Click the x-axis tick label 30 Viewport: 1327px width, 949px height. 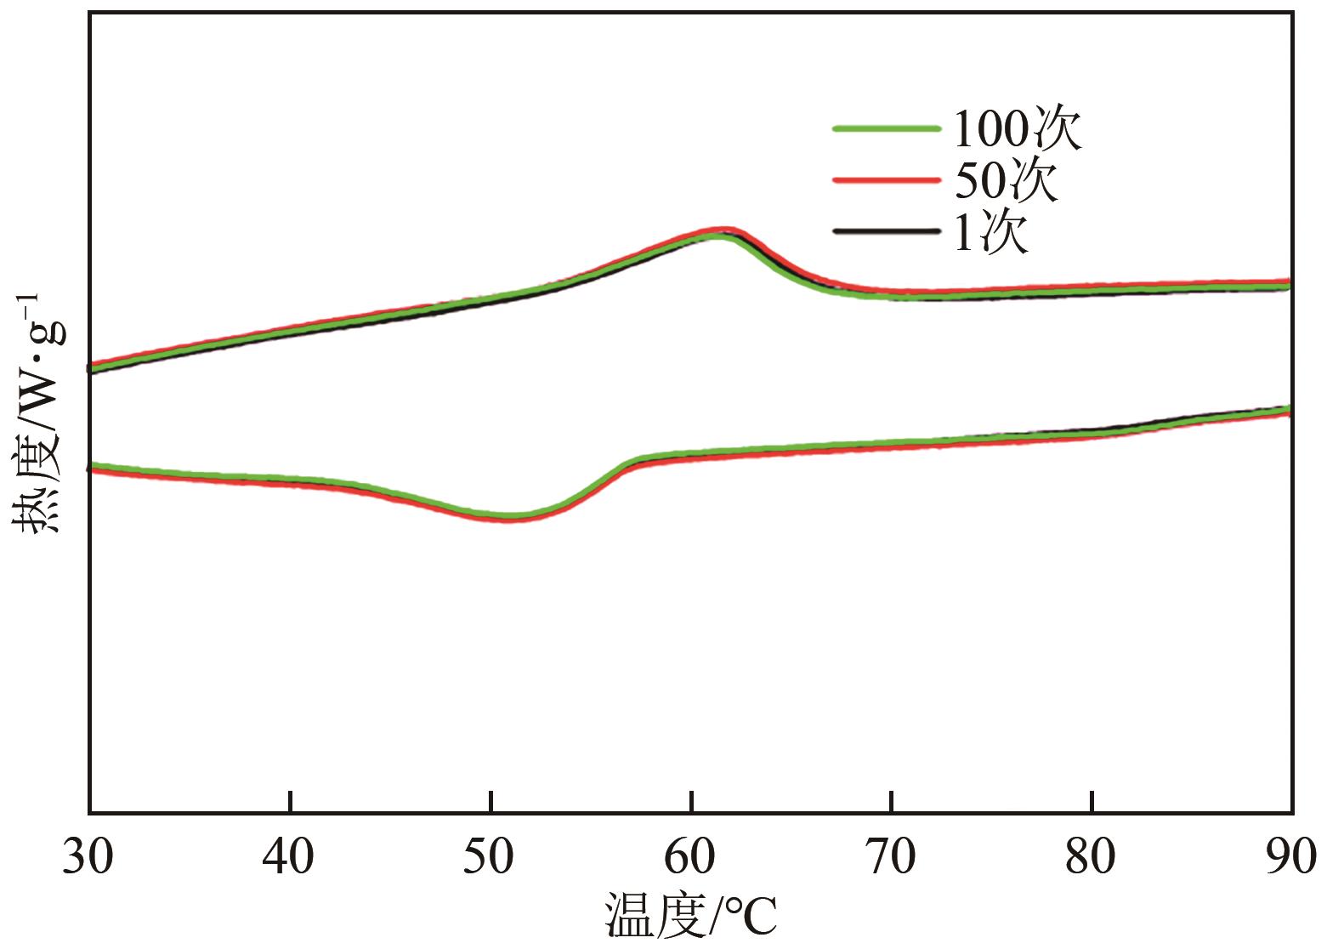[x=88, y=859]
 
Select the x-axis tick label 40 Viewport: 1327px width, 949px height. [x=290, y=859]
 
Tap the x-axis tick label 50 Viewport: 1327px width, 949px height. [x=491, y=859]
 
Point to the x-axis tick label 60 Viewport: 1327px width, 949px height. [x=691, y=859]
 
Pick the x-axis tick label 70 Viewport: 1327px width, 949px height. [x=892, y=859]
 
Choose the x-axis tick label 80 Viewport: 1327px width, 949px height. [x=1092, y=859]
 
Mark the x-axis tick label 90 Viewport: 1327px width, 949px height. [x=1290, y=859]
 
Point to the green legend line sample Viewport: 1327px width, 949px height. [x=887, y=128]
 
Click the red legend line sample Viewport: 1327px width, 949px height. [x=887, y=180]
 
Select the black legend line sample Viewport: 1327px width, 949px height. [x=887, y=231]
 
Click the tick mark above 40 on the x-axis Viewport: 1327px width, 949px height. [x=290, y=801]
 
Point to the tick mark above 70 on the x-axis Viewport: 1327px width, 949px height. [x=892, y=801]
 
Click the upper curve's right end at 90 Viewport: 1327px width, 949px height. [x=1290, y=284]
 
